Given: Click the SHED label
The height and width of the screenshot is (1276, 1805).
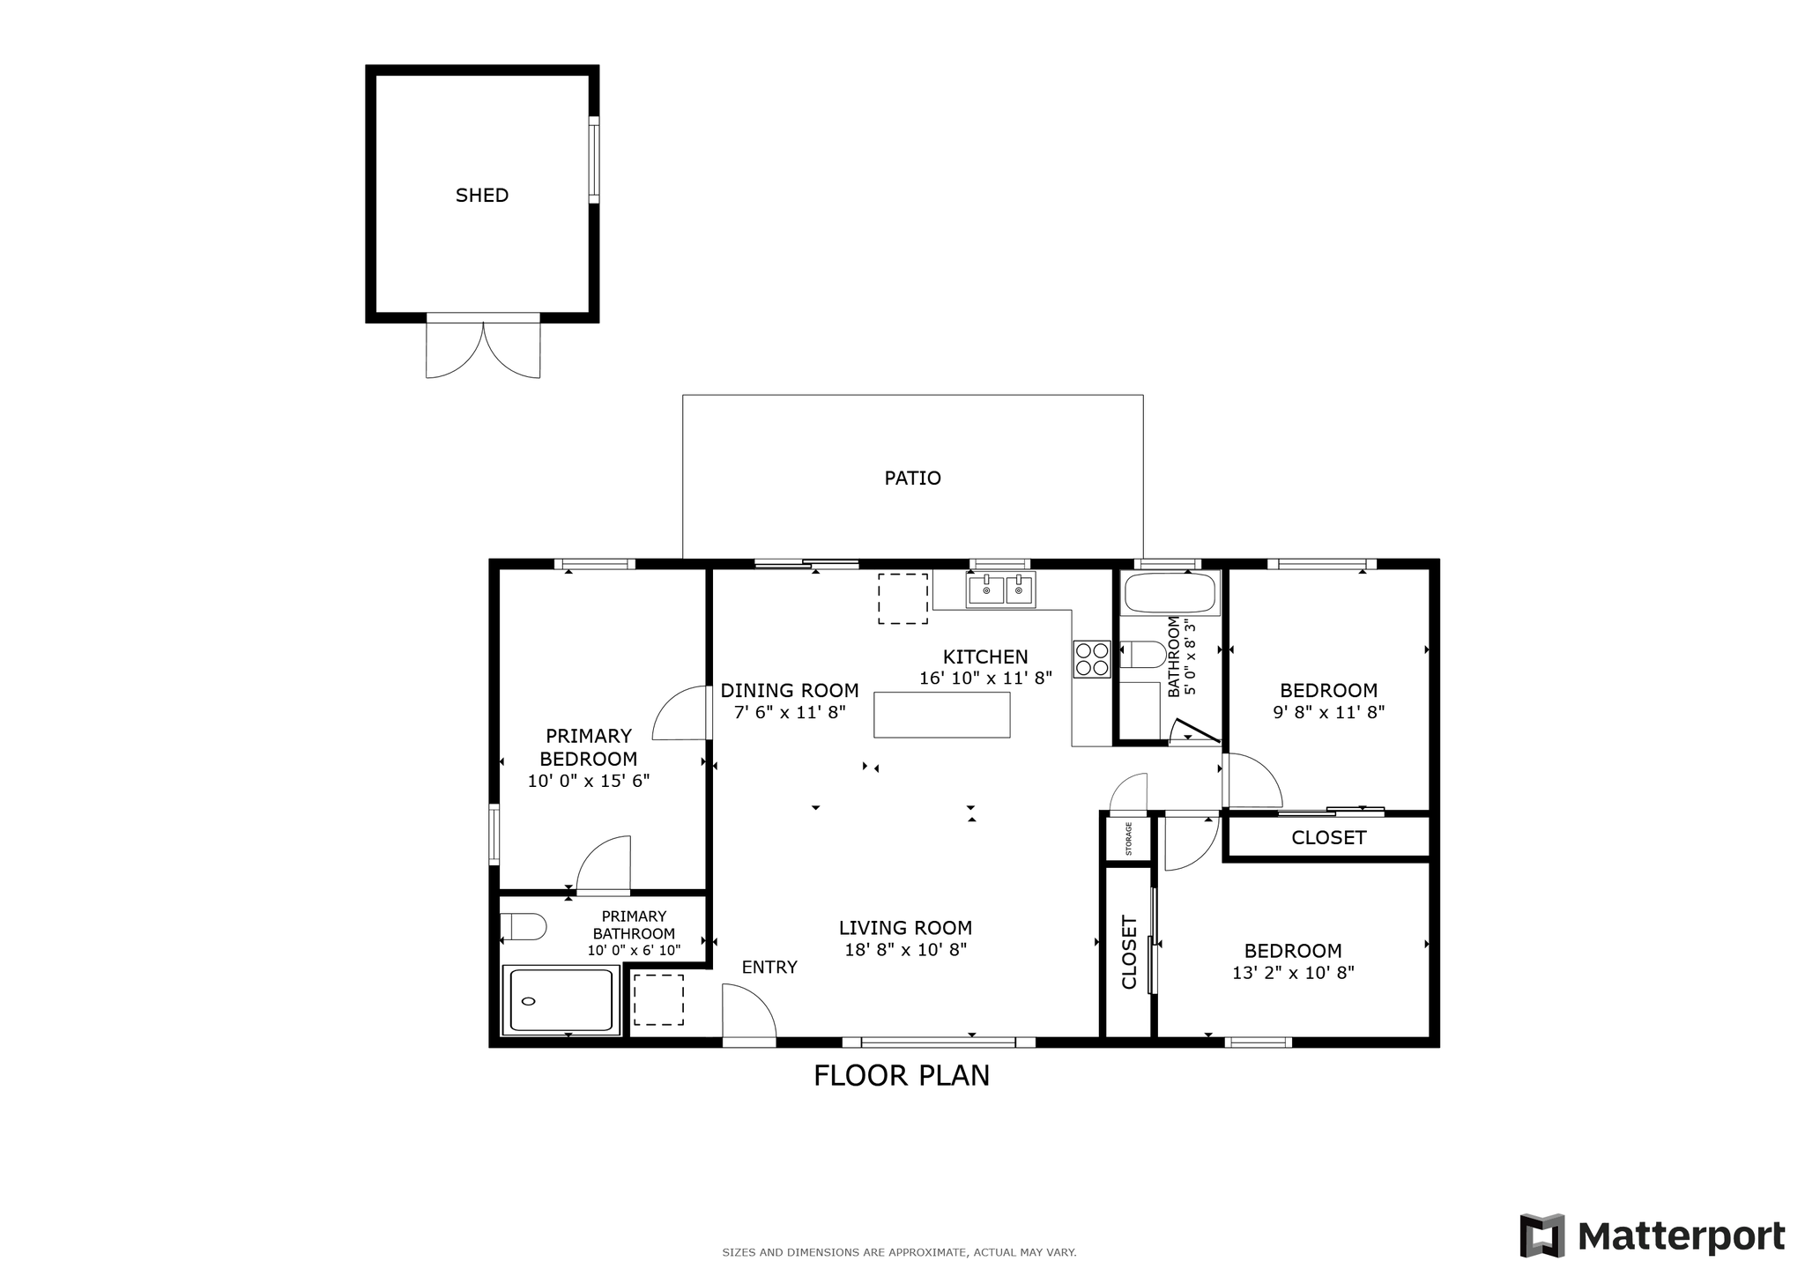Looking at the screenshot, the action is pos(481,196).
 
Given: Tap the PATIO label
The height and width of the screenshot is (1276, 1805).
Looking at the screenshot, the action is pos(912,478).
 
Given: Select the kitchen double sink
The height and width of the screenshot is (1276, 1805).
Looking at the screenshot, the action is pos(1001,590).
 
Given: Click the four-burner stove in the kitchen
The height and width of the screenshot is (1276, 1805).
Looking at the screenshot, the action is pos(1091,659).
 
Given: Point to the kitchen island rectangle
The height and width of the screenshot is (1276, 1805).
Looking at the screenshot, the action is pos(941,715).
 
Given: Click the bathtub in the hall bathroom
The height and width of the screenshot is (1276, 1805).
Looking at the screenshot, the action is pos(1170,593).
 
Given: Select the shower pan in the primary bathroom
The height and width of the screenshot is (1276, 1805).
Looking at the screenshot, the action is pos(561,1000).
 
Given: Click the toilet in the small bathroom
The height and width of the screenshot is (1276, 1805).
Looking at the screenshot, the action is pos(1143,655).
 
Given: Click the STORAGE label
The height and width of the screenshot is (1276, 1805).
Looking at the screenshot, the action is pos(1128,839).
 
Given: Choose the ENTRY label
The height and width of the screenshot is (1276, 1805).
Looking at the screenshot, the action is pos(769,968).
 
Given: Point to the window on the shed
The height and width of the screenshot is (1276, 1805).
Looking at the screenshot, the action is pos(594,159).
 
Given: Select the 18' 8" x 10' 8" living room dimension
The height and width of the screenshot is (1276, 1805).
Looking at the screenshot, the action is pos(905,950).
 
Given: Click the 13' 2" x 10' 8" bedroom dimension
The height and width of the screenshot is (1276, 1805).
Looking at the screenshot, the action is pos(1293,973).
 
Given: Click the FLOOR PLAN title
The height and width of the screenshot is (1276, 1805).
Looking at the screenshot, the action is pos(902,1076).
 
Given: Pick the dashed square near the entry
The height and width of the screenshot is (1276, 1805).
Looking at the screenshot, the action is pos(658,1000).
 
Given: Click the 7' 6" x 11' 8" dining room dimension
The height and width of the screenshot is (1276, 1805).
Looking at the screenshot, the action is pos(790,712).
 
